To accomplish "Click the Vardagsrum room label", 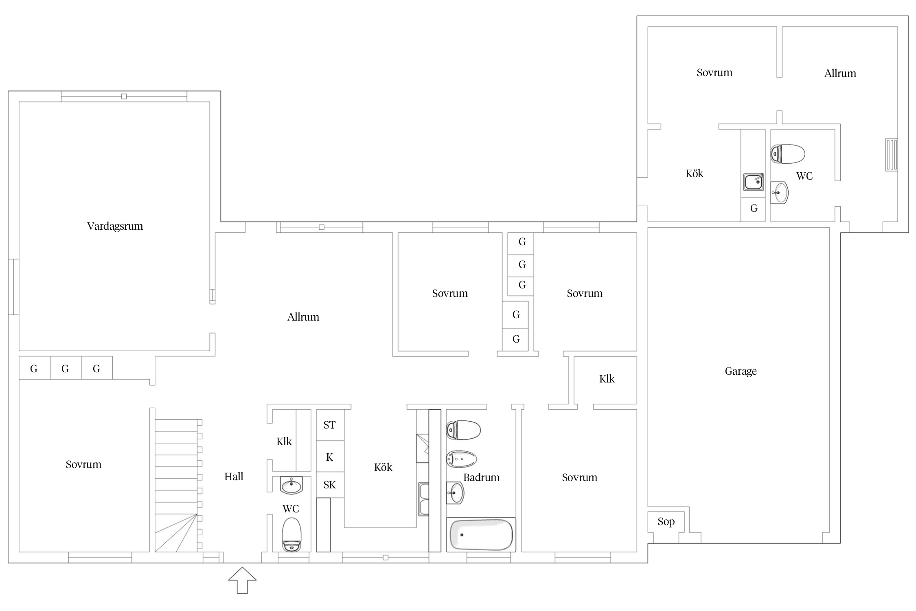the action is tap(115, 226).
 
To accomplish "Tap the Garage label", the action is tap(741, 371).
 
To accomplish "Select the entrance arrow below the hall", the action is tap(242, 580).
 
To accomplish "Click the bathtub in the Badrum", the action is tap(481, 534).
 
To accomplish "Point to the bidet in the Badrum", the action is tap(461, 459).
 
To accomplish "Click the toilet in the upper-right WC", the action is tap(788, 154).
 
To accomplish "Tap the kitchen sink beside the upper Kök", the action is tap(754, 182).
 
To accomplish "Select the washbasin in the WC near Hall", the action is tap(291, 485).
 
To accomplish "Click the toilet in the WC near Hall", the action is tap(291, 535).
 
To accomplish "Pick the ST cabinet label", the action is tap(329, 425).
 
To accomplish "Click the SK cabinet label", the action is tap(329, 485).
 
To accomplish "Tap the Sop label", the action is tap(666, 522).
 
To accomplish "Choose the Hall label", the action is tap(234, 477).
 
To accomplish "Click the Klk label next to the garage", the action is tap(607, 379).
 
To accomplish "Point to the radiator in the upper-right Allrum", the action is tap(891, 155).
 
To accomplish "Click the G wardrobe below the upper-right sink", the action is tap(754, 209).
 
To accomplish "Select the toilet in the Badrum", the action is tap(463, 430).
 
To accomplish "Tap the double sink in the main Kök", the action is tap(424, 499).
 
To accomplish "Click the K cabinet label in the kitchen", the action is tap(329, 457).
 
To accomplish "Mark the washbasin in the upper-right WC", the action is tap(779, 193).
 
